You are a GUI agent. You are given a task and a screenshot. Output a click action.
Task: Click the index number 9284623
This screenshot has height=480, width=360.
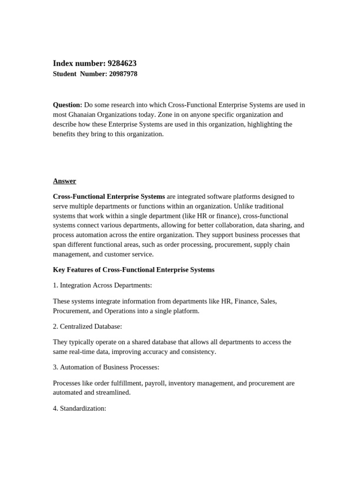122,63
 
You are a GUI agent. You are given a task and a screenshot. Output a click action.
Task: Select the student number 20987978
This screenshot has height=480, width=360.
123,74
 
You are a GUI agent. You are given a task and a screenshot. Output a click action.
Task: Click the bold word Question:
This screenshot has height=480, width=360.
67,105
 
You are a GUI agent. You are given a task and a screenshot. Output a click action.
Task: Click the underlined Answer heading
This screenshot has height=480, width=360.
64,181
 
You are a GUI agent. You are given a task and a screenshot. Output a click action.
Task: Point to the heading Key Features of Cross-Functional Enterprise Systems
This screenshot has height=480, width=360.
134,270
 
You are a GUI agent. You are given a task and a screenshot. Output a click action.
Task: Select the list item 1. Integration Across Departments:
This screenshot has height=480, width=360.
102,285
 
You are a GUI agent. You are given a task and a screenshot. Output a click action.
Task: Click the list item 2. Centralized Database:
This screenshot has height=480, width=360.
87,326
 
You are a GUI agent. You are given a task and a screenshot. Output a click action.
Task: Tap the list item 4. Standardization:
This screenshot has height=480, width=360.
80,408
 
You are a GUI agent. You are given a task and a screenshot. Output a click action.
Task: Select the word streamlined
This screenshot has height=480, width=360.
112,393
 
